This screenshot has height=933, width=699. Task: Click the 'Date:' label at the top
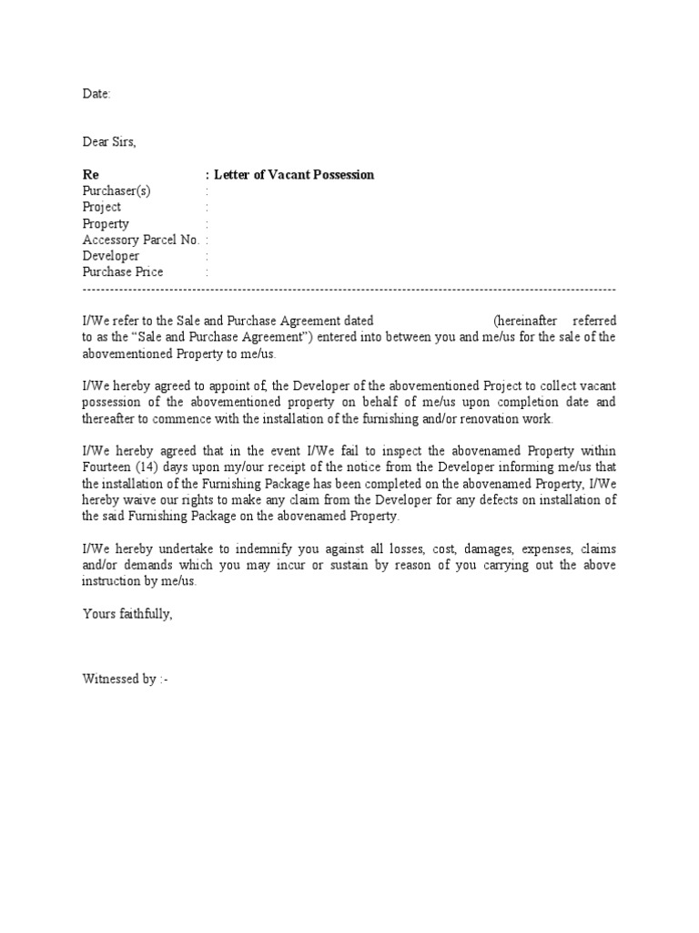point(96,94)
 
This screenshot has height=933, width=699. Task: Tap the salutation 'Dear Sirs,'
point(110,142)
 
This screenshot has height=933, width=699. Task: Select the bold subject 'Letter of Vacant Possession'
point(294,175)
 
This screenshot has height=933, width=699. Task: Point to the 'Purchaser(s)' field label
point(116,191)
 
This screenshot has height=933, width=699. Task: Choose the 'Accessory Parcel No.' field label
point(141,241)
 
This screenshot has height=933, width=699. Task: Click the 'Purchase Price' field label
point(123,272)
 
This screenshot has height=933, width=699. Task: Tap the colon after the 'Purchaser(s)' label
point(208,191)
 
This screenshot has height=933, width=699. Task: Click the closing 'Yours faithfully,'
point(127,615)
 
